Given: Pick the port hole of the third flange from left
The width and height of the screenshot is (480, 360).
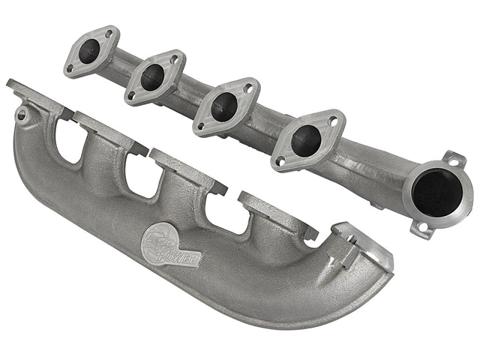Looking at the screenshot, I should [x=224, y=106].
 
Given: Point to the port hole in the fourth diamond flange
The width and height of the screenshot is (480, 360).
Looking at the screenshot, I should [x=307, y=139].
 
